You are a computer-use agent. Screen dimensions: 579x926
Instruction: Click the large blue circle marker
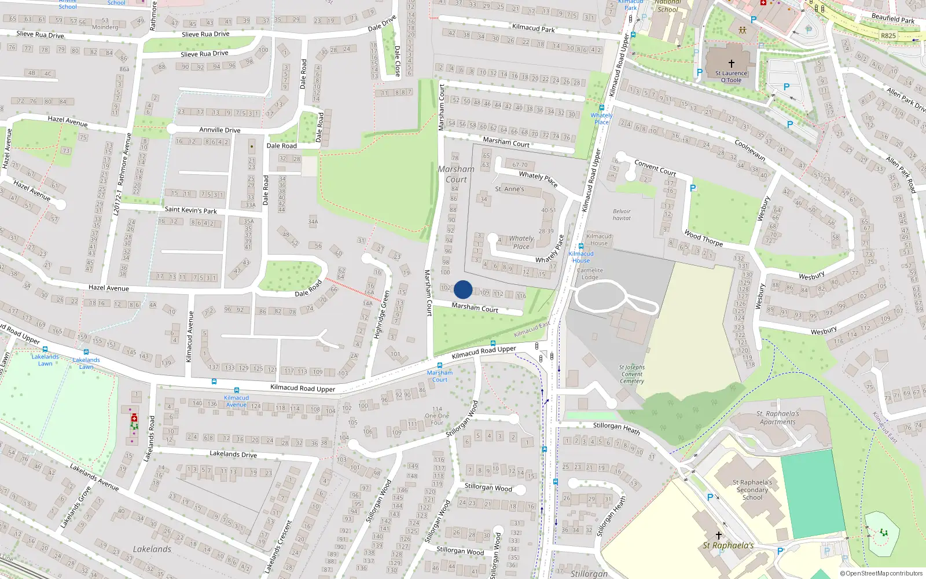click(x=463, y=289)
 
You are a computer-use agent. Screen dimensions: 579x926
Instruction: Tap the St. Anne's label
click(x=509, y=189)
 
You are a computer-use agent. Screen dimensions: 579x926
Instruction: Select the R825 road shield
click(x=888, y=36)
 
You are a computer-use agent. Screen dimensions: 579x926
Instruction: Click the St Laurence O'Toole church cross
click(x=731, y=64)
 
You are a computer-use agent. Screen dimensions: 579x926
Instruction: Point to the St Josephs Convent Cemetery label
click(x=631, y=374)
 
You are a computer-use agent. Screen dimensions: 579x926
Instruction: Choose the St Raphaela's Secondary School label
click(x=752, y=490)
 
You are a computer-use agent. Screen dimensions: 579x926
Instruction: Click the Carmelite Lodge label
click(x=590, y=274)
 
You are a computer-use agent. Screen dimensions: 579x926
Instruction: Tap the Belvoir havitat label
click(x=622, y=215)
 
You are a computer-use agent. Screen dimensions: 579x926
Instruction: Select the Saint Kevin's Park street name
click(x=190, y=210)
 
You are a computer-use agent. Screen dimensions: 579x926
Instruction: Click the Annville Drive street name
click(x=220, y=130)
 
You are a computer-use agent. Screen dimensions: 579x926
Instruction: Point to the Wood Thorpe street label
click(x=703, y=238)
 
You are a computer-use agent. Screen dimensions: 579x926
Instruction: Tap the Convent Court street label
click(x=655, y=168)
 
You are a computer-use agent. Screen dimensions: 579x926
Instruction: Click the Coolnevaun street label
click(x=749, y=150)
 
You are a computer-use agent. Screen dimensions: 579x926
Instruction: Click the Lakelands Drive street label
click(x=233, y=455)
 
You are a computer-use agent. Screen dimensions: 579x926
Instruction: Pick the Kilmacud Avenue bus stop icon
click(x=236, y=390)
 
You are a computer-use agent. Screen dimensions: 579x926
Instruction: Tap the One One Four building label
click(x=437, y=416)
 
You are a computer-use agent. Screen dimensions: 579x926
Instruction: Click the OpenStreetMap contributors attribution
click(x=881, y=574)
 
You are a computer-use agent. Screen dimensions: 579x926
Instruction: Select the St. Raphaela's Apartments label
click(x=777, y=418)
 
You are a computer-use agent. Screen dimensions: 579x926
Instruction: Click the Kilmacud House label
click(x=598, y=240)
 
